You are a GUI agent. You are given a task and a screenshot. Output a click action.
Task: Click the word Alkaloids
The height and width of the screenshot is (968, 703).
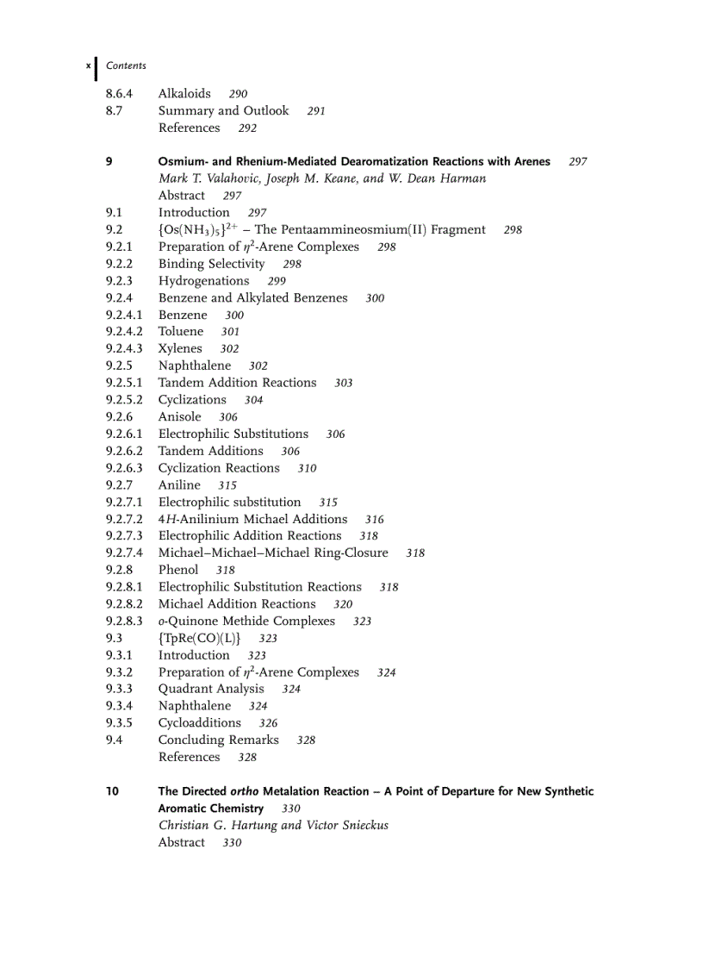pos(184,93)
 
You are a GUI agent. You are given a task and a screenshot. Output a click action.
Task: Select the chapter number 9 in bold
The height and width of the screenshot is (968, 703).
pos(109,161)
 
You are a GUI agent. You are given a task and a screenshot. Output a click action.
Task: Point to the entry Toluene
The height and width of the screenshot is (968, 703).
pos(181,331)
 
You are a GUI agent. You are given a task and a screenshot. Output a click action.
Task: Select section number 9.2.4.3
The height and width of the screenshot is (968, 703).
pos(124,348)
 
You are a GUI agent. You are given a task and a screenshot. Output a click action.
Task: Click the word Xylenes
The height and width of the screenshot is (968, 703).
pos(180,348)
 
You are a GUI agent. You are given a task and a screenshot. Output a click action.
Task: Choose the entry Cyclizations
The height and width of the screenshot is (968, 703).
pos(192,400)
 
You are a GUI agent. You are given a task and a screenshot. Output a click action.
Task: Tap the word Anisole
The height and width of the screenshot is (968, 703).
pos(179,416)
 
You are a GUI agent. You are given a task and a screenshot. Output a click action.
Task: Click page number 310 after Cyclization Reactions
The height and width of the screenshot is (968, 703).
pos(307,468)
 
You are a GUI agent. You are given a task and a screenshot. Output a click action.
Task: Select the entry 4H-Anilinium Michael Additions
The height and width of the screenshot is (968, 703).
pos(252,519)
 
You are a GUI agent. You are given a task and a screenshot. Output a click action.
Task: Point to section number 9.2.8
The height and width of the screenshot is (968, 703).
pos(119,570)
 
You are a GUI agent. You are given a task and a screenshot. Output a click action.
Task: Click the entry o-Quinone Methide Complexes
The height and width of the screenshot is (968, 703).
pos(246,621)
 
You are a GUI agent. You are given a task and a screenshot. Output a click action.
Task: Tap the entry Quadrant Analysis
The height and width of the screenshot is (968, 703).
pos(211,689)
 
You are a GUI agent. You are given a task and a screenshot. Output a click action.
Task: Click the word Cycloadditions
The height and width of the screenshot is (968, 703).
pos(199,722)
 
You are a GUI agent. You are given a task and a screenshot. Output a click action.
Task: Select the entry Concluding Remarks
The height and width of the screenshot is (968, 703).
pos(218,740)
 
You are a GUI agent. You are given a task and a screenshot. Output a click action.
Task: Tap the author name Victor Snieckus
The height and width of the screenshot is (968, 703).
pos(347,825)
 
